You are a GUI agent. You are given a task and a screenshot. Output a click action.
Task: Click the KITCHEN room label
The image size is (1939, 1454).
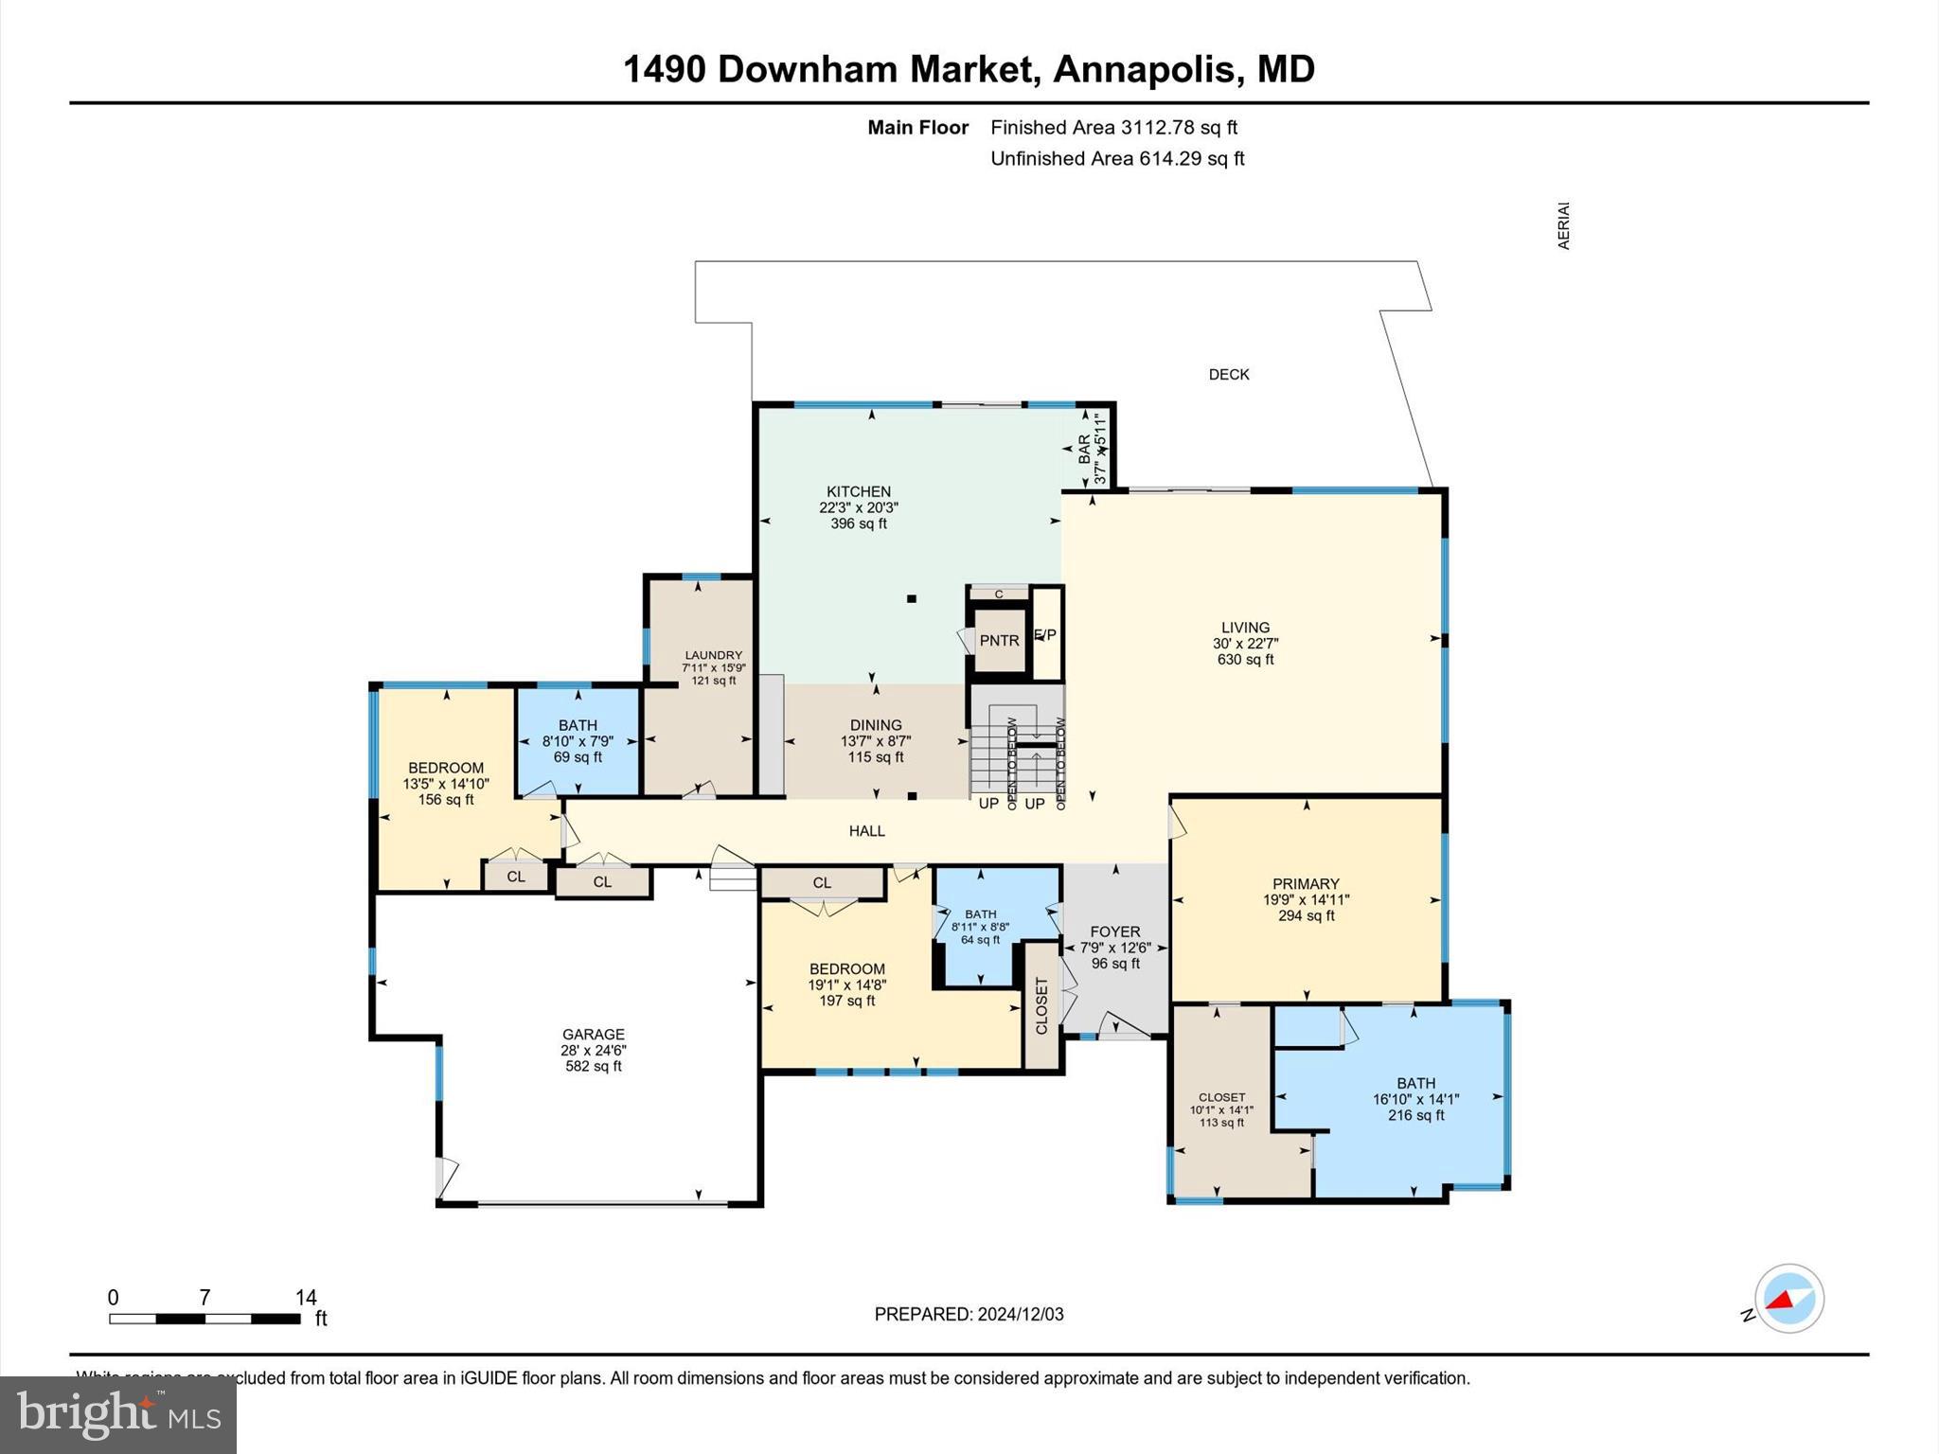(859, 492)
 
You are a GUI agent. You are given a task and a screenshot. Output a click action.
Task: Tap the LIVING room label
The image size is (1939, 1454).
(1245, 628)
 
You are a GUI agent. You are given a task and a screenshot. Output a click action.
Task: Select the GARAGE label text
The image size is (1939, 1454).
(594, 1035)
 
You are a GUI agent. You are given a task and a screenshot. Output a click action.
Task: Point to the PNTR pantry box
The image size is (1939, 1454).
(999, 641)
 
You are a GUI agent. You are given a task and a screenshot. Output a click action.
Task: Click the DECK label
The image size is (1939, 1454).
(1229, 375)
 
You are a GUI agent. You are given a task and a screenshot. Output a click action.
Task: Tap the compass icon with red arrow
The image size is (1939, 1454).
(1788, 1299)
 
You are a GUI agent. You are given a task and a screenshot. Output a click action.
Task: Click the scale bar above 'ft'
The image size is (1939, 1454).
(205, 1318)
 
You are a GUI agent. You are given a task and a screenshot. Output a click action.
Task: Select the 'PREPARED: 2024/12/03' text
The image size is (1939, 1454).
(969, 1314)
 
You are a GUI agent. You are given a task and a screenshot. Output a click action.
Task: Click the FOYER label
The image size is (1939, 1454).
(1114, 932)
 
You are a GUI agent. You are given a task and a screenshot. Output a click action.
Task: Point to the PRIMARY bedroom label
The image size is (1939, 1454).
(1306, 884)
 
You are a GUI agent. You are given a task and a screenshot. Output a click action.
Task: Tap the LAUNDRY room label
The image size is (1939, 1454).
(713, 655)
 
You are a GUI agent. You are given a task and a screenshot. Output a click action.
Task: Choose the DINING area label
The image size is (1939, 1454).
(876, 725)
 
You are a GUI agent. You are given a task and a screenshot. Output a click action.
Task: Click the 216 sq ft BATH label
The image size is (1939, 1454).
(1415, 1084)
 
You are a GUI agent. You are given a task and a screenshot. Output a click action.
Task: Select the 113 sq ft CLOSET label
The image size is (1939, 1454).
(1221, 1098)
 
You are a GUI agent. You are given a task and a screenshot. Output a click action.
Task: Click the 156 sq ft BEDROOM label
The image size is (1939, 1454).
(446, 768)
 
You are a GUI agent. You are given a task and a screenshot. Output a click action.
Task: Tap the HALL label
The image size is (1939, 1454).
(866, 831)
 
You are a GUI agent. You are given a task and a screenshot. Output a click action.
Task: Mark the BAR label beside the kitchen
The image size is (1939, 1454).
(1084, 448)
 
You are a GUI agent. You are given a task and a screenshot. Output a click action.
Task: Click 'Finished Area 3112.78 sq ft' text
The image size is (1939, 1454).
(1113, 128)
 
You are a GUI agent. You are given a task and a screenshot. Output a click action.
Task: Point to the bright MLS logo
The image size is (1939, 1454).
(118, 1414)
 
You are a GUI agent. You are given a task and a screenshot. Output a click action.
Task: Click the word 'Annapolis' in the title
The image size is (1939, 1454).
(1144, 69)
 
